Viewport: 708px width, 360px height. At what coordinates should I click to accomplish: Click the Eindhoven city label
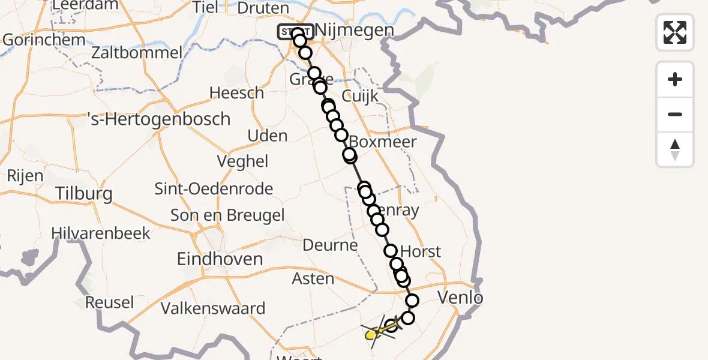click(x=220, y=259)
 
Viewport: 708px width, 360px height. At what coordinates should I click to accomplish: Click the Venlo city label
click(x=460, y=297)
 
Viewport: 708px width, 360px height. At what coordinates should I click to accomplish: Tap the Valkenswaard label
click(x=213, y=309)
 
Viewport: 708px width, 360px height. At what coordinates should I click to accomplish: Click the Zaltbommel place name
click(x=137, y=53)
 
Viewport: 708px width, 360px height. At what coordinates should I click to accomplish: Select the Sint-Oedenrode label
click(x=214, y=189)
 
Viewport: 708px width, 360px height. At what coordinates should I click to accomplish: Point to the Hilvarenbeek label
click(x=101, y=233)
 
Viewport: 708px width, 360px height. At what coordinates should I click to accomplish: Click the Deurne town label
click(x=330, y=245)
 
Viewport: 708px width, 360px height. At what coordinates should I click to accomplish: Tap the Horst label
click(x=421, y=251)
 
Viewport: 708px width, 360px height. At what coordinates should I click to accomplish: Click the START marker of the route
click(x=295, y=31)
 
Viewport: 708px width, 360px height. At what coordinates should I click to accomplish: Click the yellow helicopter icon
click(x=376, y=331)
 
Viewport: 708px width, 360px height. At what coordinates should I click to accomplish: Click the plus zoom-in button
click(x=675, y=79)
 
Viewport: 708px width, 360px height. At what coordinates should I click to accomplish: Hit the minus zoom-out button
click(x=675, y=114)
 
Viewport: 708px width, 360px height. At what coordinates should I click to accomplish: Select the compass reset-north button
click(x=675, y=149)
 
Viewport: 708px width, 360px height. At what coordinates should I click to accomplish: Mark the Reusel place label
click(x=109, y=302)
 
